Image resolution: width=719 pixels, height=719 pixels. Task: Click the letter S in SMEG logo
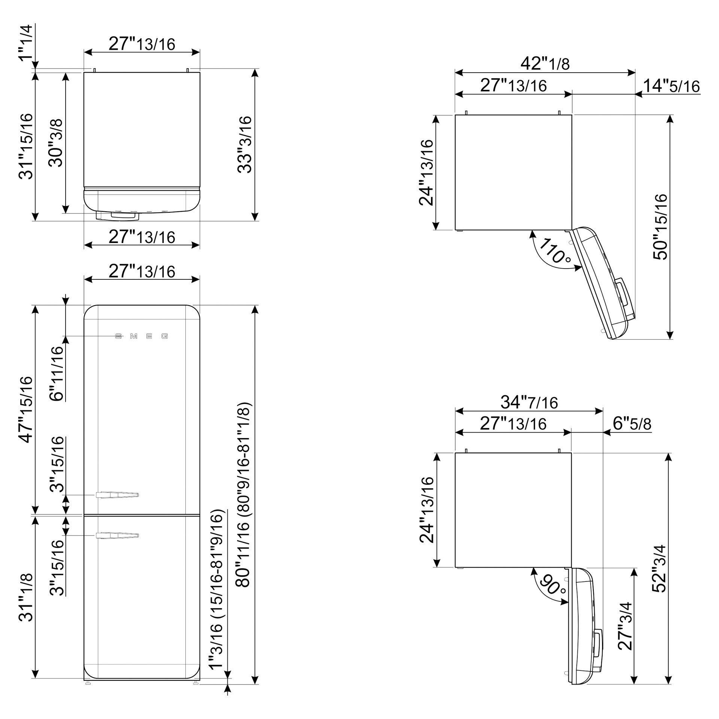(x=118, y=336)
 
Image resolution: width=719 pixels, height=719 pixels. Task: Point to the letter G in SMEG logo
(x=165, y=336)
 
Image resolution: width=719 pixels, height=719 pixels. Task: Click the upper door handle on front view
(x=118, y=495)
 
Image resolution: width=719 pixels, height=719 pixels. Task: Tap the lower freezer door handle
(x=118, y=536)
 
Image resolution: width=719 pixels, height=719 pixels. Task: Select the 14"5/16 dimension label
(x=671, y=86)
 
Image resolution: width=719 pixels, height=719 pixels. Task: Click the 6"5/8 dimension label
(x=632, y=424)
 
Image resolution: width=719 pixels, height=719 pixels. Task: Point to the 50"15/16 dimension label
(x=660, y=227)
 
